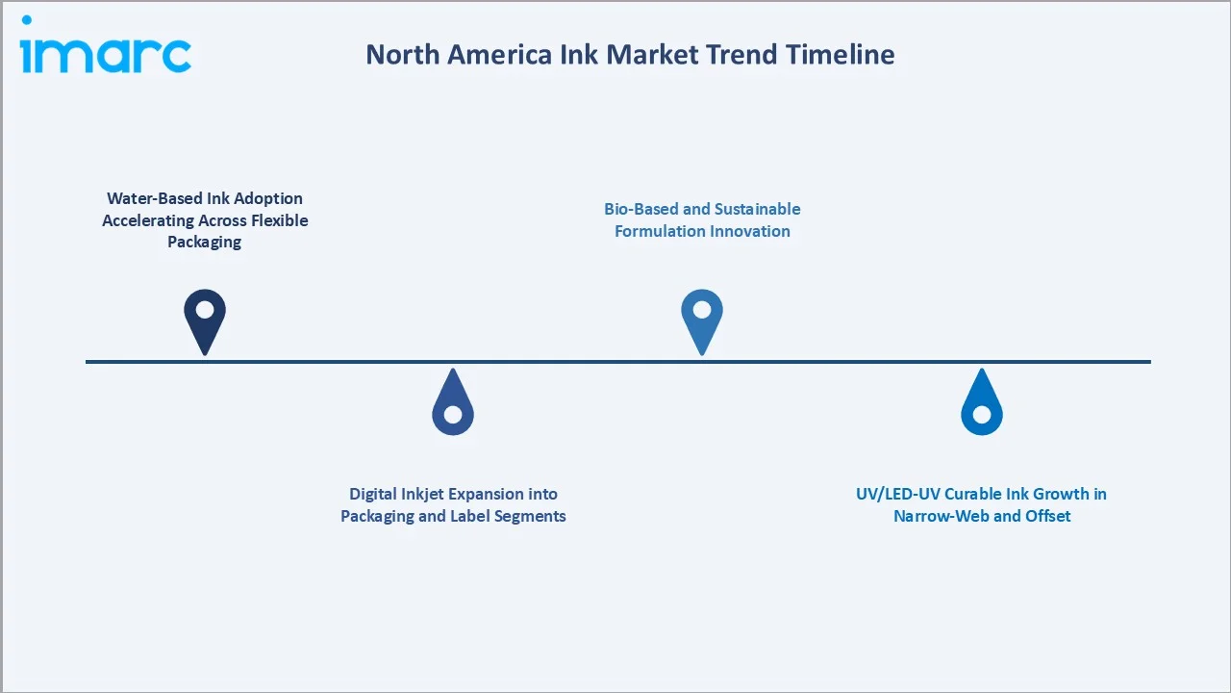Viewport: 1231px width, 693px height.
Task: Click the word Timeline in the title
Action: point(840,55)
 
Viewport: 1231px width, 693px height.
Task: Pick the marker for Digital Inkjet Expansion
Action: point(453,404)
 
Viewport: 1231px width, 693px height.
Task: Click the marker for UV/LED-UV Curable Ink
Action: point(981,404)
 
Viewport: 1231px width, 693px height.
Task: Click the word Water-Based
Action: point(155,198)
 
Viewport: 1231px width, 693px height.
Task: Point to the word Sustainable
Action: point(756,209)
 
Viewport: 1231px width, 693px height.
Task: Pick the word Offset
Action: point(1047,516)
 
